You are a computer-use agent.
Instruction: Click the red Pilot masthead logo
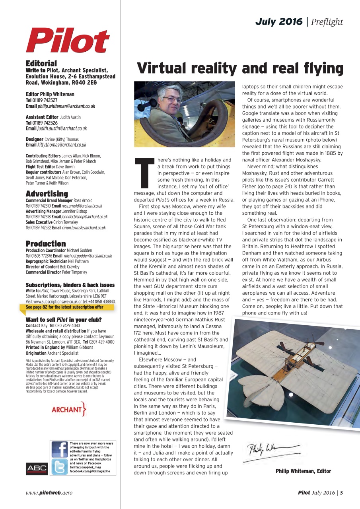click(x=68, y=41)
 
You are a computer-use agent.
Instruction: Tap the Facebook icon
click(x=60, y=449)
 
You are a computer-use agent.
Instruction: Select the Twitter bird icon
click(x=60, y=466)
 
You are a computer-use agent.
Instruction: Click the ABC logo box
click(x=37, y=468)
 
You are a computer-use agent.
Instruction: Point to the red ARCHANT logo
click(x=69, y=409)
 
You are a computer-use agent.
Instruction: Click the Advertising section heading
click(x=47, y=194)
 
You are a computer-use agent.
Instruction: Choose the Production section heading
click(x=46, y=243)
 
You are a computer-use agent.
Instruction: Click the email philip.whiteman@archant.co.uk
click(x=66, y=106)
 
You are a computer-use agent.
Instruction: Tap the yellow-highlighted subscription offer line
click(x=64, y=307)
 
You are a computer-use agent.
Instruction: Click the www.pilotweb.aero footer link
click(x=49, y=493)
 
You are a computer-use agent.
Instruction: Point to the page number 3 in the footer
click(x=341, y=493)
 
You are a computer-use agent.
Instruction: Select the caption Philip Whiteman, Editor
click(x=303, y=471)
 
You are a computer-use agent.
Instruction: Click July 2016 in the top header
click(x=279, y=22)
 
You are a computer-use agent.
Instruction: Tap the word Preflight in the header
click(x=327, y=22)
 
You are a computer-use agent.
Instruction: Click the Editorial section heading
click(x=41, y=63)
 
